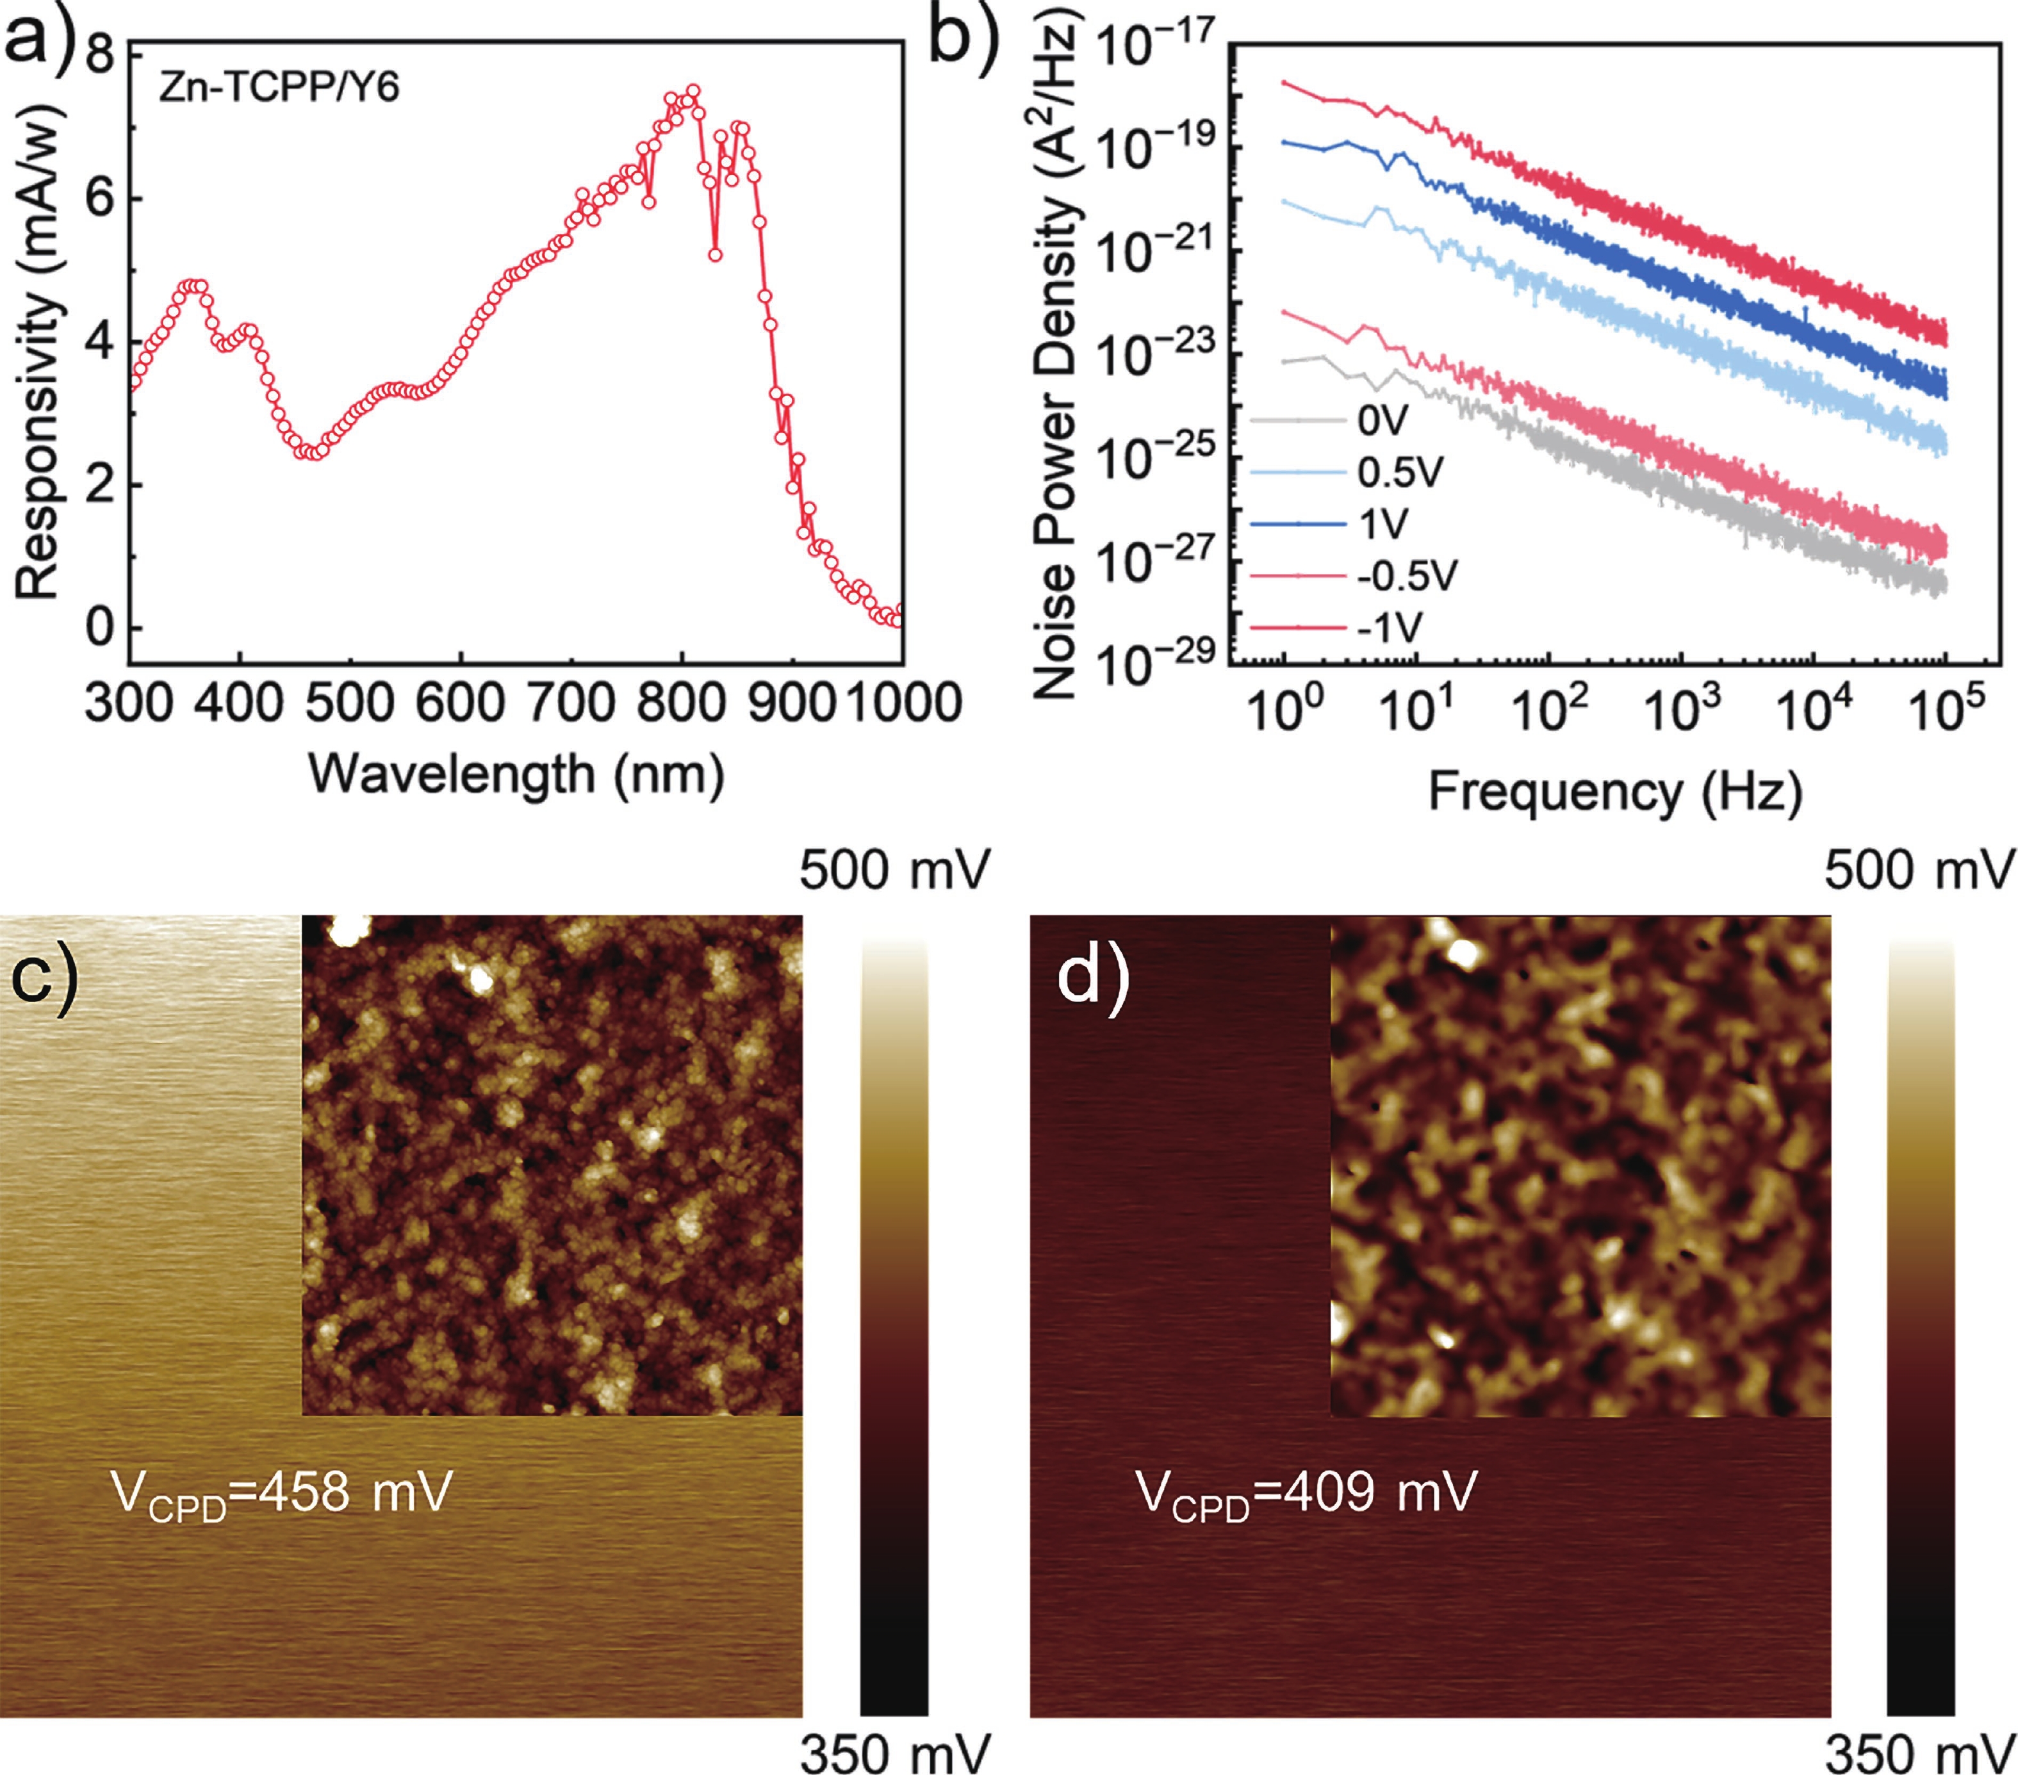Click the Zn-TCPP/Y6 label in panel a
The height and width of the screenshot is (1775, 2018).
click(279, 89)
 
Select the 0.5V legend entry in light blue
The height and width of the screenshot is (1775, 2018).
click(1400, 473)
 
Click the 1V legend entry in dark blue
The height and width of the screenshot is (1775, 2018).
click(1383, 524)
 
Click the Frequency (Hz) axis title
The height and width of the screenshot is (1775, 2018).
click(1615, 792)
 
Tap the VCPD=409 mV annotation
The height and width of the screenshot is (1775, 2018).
click(1306, 1493)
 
